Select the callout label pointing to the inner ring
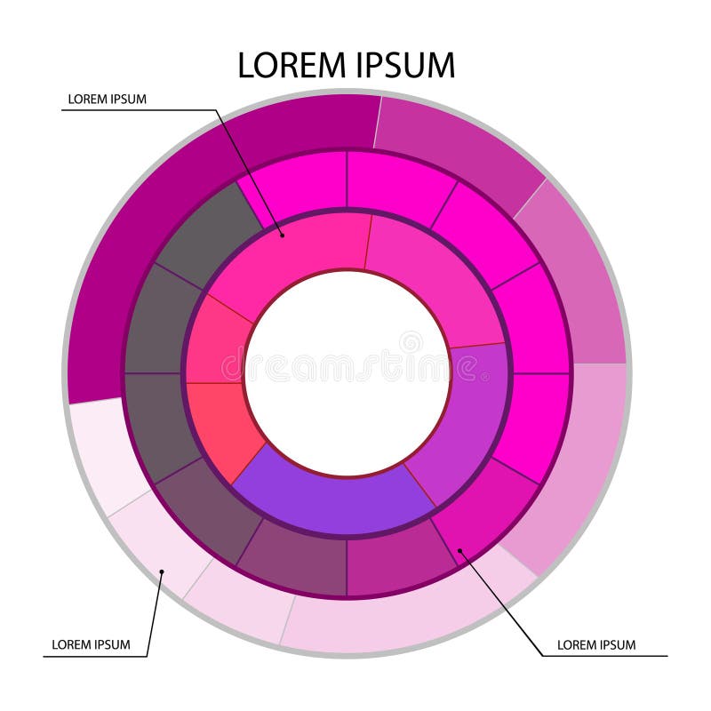click(x=108, y=99)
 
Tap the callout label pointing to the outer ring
click(x=91, y=644)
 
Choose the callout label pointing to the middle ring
click(x=596, y=644)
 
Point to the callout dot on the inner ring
click(x=282, y=235)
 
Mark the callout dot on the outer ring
click(x=161, y=571)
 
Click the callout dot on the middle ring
click(x=459, y=551)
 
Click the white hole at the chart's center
click(x=348, y=373)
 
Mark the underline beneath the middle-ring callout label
click(x=604, y=656)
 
